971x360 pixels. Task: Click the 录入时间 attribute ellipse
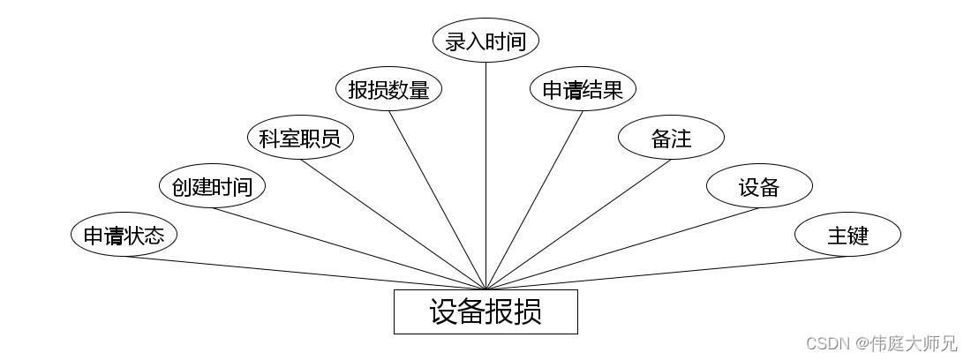[485, 41]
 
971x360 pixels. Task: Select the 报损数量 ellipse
[388, 89]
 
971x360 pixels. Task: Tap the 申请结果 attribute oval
[583, 89]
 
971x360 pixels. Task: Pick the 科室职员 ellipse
[300, 138]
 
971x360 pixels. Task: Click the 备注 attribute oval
[671, 138]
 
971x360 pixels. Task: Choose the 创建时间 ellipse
[212, 186]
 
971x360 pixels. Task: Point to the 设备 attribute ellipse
[759, 186]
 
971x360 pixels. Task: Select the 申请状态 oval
[124, 235]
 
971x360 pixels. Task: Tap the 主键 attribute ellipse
[847, 235]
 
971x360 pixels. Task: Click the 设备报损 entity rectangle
[485, 311]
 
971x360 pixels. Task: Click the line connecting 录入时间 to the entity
[485, 176]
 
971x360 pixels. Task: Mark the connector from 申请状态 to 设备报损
[305, 273]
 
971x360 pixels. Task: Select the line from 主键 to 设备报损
[666, 273]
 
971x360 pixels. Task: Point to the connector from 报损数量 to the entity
[437, 199]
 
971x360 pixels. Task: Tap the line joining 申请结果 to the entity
[534, 199]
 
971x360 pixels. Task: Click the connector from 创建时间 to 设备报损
[349, 248]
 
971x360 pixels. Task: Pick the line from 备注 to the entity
[578, 224]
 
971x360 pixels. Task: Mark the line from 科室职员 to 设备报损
[393, 224]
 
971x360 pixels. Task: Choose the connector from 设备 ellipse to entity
[622, 248]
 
